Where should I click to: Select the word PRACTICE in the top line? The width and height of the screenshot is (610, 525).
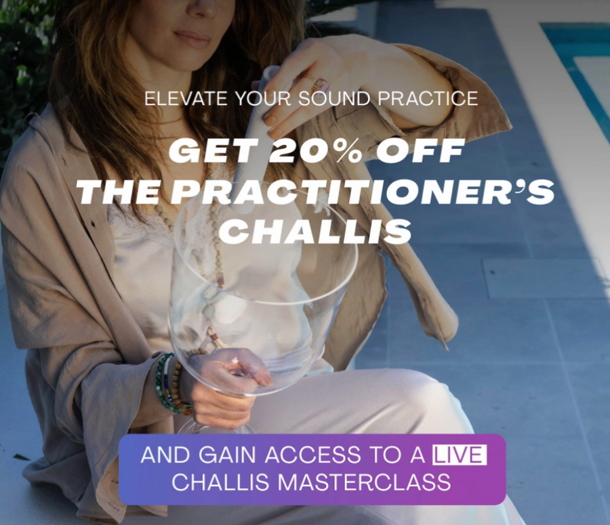point(427,98)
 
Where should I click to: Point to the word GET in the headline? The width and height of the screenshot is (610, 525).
point(209,151)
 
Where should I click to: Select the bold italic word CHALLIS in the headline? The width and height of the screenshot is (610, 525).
point(316,232)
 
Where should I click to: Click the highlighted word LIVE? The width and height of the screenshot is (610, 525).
point(460,455)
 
